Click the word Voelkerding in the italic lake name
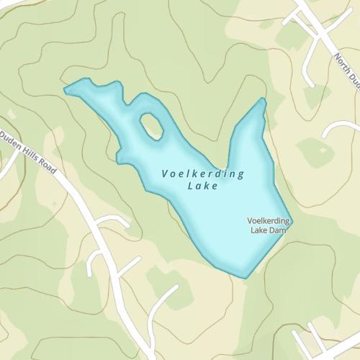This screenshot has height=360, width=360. pyautogui.click(x=203, y=174)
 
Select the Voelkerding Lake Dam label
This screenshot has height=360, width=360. pyautogui.click(x=268, y=225)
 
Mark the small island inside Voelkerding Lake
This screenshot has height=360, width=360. pyautogui.click(x=151, y=125)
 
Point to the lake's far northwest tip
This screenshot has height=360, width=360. pyautogui.click(x=66, y=90)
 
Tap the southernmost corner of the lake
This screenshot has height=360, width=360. pyautogui.click(x=245, y=277)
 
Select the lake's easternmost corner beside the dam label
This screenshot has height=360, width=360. pyautogui.click(x=292, y=222)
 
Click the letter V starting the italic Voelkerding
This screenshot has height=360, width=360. pyautogui.click(x=166, y=174)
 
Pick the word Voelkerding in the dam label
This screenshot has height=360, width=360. pyautogui.click(x=268, y=220)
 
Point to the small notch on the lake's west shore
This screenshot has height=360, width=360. pyautogui.click(x=118, y=154)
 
